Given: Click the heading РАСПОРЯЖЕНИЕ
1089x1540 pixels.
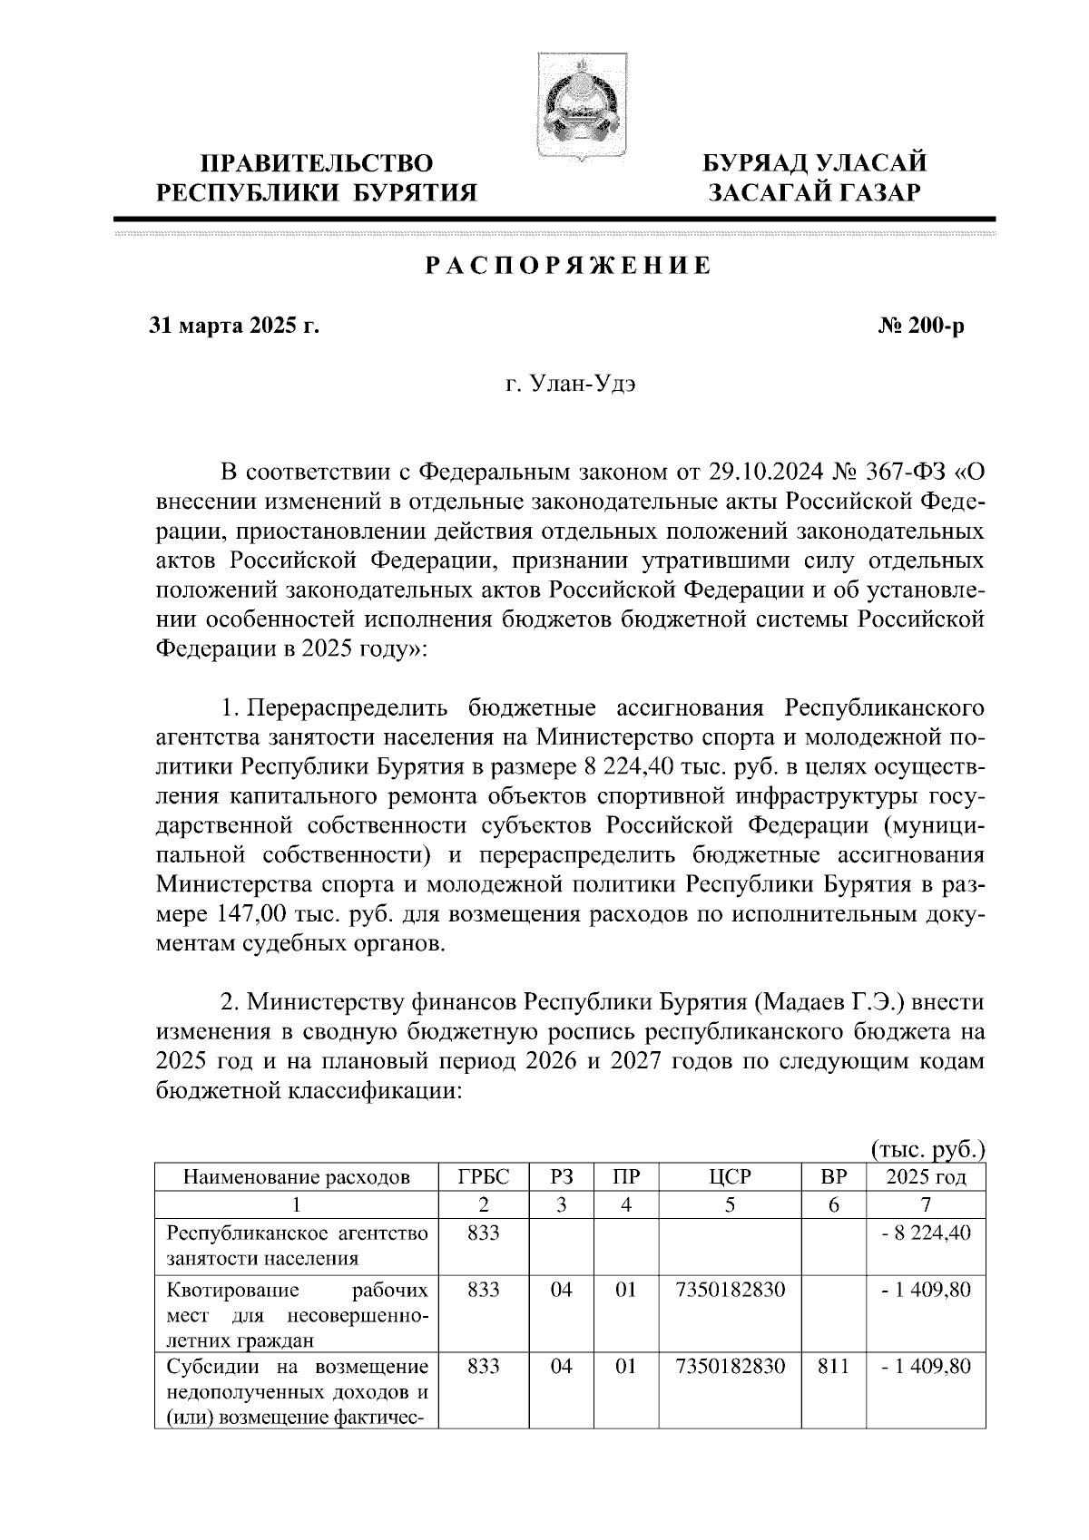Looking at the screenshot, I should (567, 267).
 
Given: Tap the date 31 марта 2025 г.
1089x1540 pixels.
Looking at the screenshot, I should (235, 326).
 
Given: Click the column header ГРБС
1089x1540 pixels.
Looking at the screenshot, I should (483, 1177).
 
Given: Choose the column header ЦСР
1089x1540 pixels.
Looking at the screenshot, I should (730, 1177).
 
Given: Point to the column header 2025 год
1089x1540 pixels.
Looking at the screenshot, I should (926, 1177).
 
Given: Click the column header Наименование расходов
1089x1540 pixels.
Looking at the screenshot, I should (296, 1178).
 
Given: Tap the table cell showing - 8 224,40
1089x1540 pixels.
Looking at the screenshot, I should (926, 1233).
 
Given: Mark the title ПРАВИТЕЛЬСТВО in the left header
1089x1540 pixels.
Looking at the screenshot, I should (317, 164).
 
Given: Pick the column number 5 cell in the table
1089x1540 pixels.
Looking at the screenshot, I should (730, 1205).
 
